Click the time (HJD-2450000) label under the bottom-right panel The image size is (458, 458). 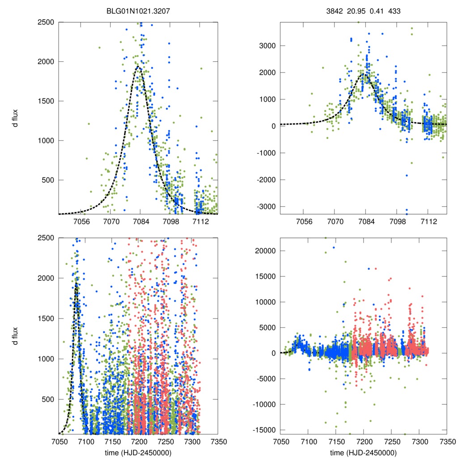(363, 453)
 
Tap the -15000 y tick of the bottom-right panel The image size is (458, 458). (266, 430)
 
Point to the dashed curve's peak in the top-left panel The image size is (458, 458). (138, 67)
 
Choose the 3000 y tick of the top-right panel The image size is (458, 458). (267, 46)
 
